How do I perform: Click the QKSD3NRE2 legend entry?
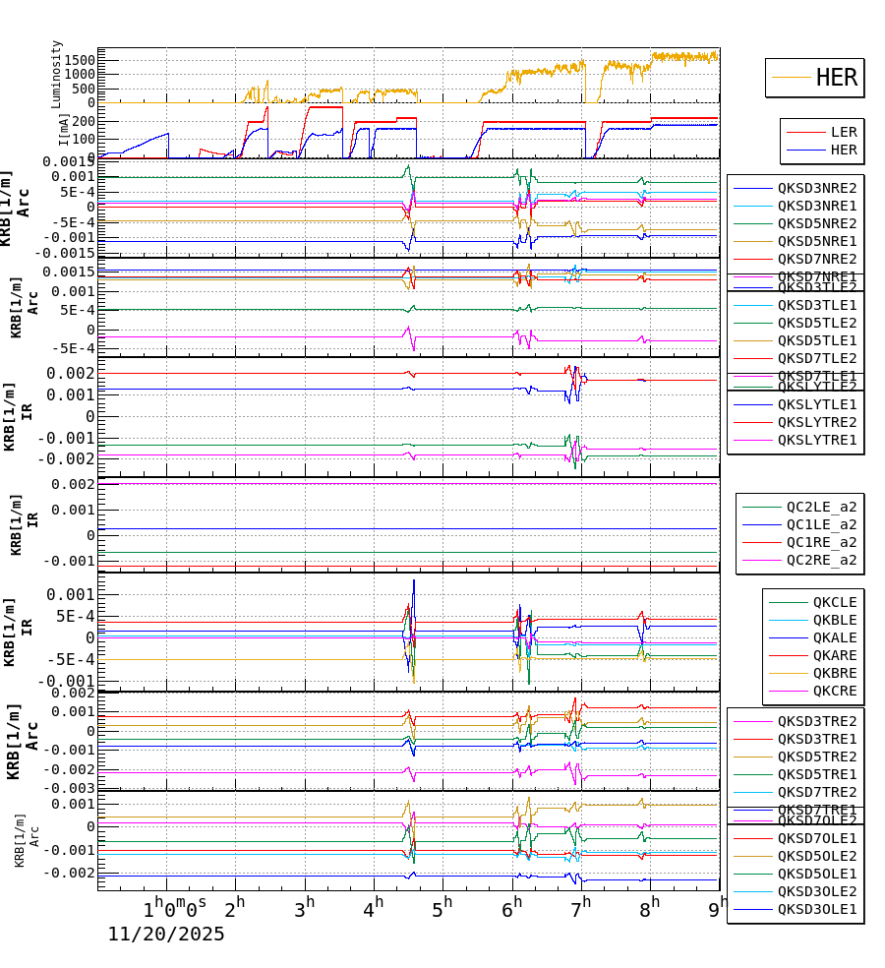pyautogui.click(x=817, y=188)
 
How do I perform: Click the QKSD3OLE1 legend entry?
pyautogui.click(x=817, y=909)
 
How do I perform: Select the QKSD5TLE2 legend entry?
pyautogui.click(x=817, y=323)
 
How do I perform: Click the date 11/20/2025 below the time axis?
pyautogui.click(x=166, y=935)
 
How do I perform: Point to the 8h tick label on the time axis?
pyautogui.click(x=649, y=903)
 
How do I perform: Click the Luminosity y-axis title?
pyautogui.click(x=57, y=74)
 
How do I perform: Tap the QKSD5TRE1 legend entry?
pyautogui.click(x=817, y=774)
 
